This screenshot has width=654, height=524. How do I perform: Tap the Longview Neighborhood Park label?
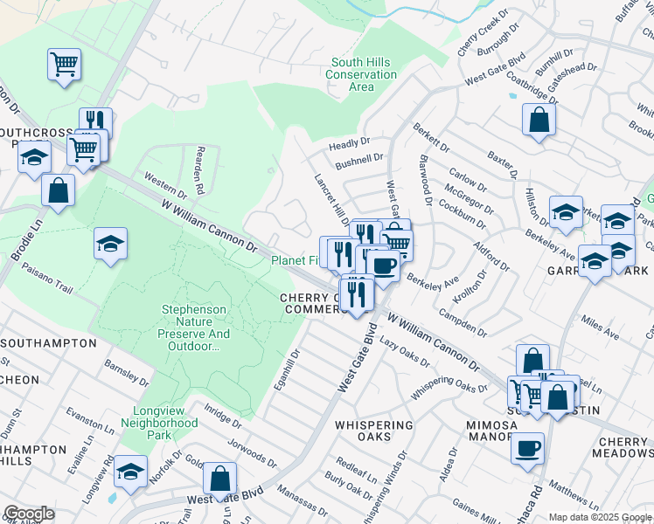pos(165,423)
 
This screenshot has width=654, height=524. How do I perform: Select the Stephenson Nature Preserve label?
pos(194,327)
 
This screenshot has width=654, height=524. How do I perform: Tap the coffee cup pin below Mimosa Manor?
pos(527,448)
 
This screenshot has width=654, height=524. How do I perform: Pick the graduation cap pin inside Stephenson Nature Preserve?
pos(111,244)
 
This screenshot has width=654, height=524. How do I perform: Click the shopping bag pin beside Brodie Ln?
pos(58,190)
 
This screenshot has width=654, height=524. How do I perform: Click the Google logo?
pos(29,514)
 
